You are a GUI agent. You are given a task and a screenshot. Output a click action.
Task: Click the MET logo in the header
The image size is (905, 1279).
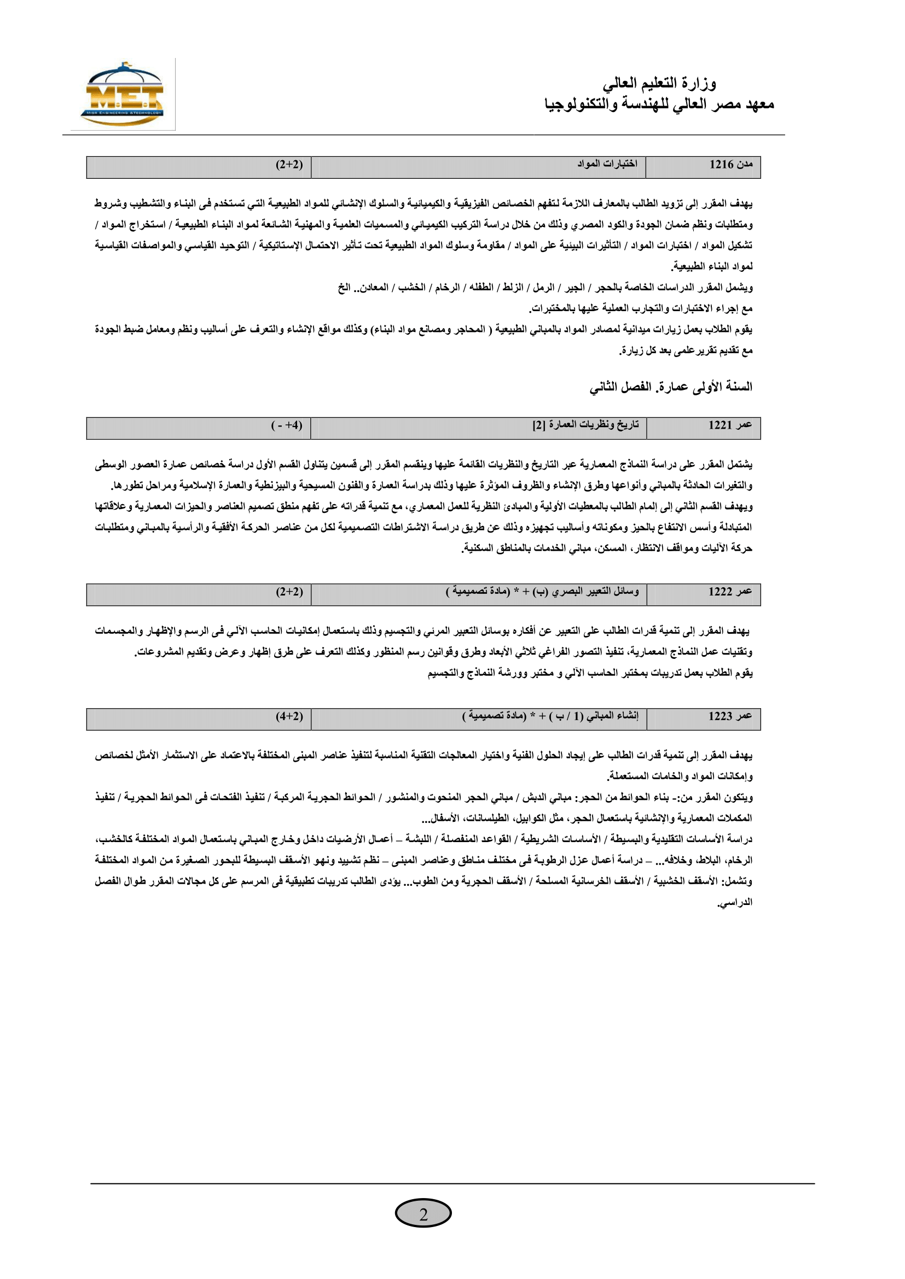(x=123, y=95)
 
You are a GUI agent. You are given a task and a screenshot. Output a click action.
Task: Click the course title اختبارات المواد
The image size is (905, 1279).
(x=607, y=164)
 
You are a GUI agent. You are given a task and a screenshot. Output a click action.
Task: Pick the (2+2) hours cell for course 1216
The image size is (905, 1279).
(x=289, y=165)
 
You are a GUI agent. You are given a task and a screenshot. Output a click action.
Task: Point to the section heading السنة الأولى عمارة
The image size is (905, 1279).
(x=671, y=387)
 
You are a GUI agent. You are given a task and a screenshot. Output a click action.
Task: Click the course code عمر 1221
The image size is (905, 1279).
(x=730, y=425)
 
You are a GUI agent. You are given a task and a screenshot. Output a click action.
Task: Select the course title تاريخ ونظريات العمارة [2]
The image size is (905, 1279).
(x=585, y=425)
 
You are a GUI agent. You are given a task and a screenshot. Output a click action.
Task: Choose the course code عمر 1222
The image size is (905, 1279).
(x=730, y=592)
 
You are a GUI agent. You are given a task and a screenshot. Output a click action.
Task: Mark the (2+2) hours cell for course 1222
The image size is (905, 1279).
(x=289, y=592)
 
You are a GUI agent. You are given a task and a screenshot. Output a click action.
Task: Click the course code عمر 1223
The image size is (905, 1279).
(x=730, y=716)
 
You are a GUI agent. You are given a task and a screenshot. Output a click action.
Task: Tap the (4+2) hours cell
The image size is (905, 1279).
(x=289, y=716)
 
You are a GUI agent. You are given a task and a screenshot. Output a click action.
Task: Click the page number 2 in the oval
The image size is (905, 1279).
(x=423, y=1215)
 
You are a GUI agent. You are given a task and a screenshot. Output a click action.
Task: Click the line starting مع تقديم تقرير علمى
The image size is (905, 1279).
(x=686, y=351)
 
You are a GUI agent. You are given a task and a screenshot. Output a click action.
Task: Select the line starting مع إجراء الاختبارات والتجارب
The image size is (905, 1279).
(x=640, y=308)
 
